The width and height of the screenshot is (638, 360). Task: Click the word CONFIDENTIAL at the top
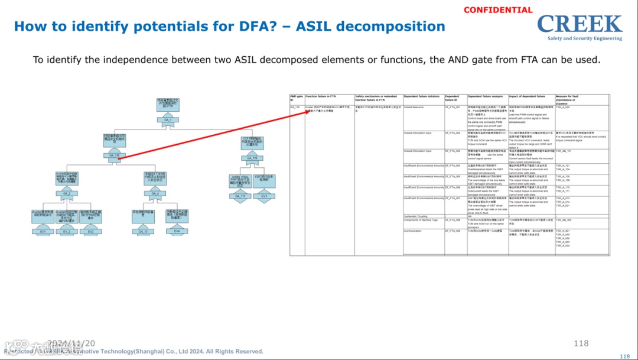(498, 10)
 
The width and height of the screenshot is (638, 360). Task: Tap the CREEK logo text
(580, 24)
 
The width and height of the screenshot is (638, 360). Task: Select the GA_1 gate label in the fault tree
(168, 120)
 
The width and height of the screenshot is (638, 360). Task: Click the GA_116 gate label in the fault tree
(115, 155)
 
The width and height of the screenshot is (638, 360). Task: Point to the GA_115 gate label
(252, 158)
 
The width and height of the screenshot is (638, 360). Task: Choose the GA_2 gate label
(67, 193)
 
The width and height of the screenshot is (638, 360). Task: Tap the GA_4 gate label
(155, 193)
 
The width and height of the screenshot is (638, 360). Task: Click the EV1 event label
(43, 232)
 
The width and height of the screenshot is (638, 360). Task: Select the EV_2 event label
(67, 232)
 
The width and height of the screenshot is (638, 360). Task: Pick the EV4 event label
(177, 231)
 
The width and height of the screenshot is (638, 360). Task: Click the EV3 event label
(264, 196)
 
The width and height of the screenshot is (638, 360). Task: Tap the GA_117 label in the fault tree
(240, 196)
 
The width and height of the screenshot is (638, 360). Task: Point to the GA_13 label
(143, 232)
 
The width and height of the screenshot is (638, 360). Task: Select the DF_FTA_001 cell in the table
(453, 107)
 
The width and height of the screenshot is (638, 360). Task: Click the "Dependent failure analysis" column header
(484, 96)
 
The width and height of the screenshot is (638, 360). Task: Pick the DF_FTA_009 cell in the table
(453, 231)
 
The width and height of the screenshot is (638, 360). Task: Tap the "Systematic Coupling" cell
(415, 216)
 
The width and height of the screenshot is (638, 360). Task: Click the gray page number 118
(581, 343)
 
